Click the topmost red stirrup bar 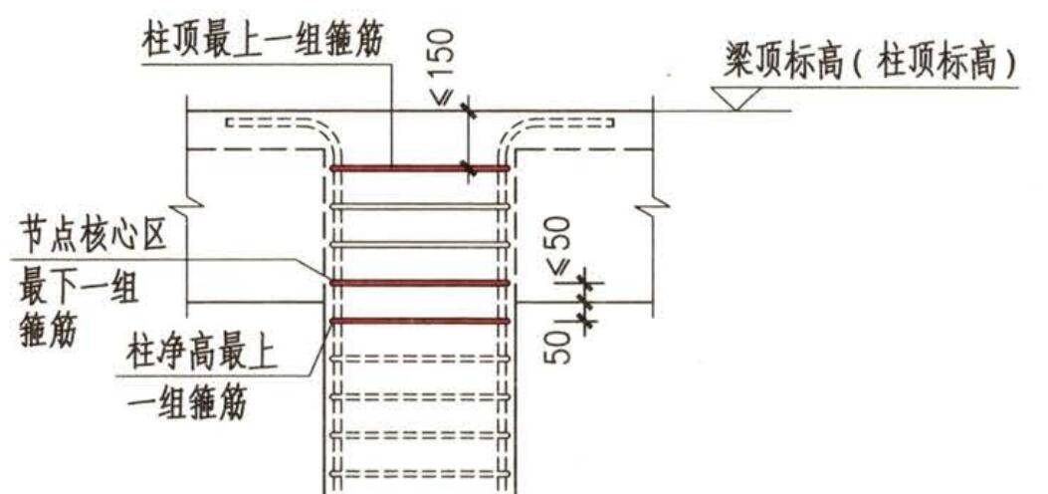[x=420, y=168]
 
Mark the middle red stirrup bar [x=420, y=284]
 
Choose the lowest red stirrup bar [x=420, y=321]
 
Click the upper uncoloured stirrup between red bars [x=420, y=206]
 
